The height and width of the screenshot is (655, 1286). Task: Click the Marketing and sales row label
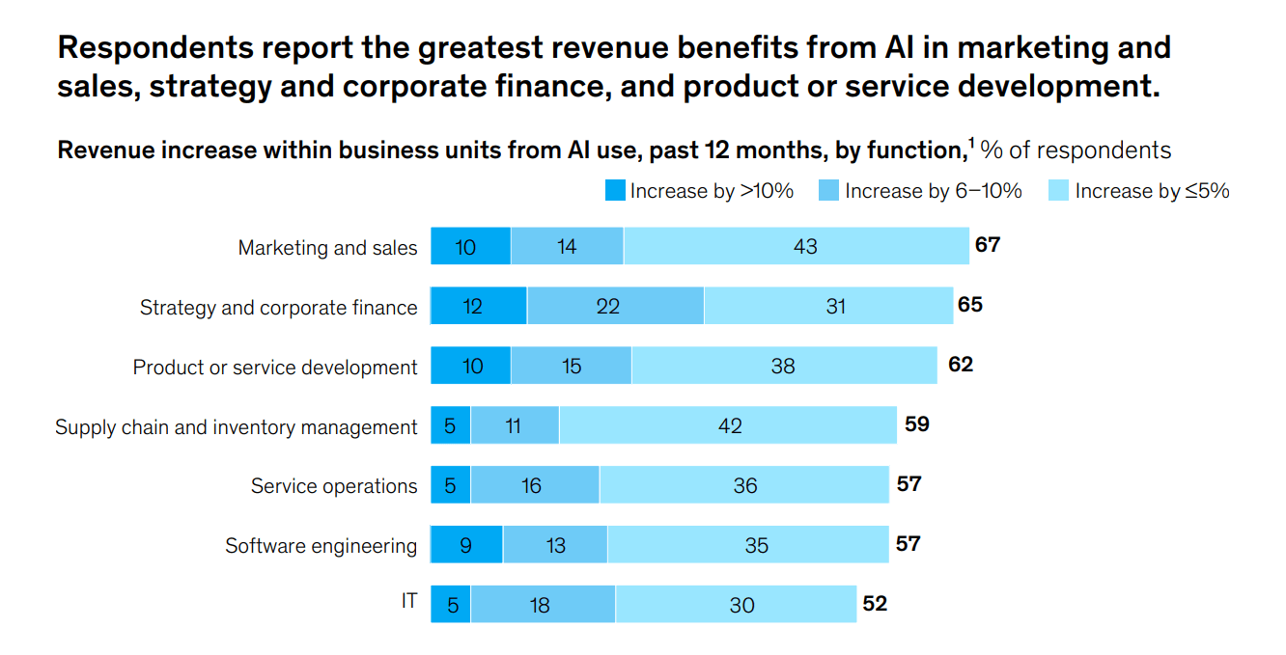(x=327, y=248)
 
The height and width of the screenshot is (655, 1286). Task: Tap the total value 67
(x=987, y=245)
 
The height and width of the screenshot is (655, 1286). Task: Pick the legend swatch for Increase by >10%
(x=615, y=191)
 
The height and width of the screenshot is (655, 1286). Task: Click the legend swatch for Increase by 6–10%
(x=829, y=191)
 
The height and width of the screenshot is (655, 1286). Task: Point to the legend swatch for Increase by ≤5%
(x=1059, y=191)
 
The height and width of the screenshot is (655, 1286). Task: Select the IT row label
(x=409, y=601)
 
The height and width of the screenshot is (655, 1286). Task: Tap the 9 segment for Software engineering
(x=466, y=545)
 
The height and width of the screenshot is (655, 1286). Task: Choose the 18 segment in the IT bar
(x=543, y=605)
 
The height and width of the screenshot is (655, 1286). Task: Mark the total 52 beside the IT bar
(x=874, y=604)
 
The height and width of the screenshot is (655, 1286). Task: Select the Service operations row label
(x=334, y=486)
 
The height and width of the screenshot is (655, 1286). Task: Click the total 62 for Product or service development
(x=961, y=365)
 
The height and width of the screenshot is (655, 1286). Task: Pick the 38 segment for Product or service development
(x=784, y=366)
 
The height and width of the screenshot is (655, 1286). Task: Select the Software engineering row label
(x=321, y=546)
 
